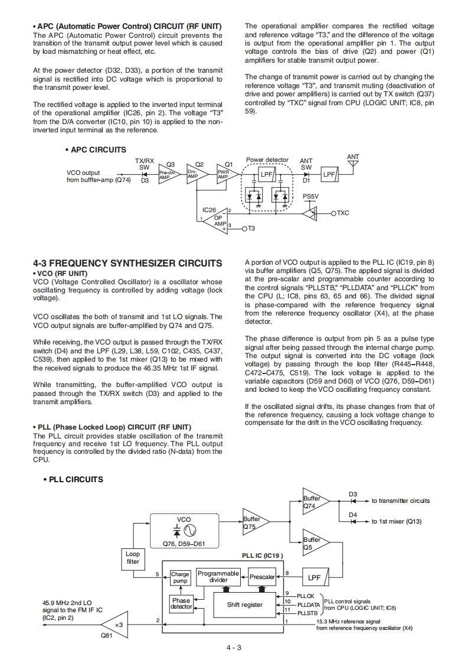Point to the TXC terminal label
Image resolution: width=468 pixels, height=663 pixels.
(343, 213)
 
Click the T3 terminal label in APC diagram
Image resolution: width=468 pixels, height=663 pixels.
(251, 229)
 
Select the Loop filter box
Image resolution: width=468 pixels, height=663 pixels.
(133, 558)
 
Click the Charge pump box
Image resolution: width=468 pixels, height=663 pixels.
(180, 577)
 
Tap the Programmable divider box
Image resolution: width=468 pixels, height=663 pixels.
(218, 576)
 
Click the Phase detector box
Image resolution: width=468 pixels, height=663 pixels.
(181, 604)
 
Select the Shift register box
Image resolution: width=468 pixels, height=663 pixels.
(244, 605)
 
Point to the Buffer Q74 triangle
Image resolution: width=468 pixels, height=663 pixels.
(315, 501)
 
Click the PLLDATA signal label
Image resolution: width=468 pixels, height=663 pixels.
(308, 605)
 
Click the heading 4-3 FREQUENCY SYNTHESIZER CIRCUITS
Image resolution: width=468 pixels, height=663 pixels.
(127, 264)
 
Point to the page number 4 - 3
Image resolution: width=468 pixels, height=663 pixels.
(234, 648)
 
